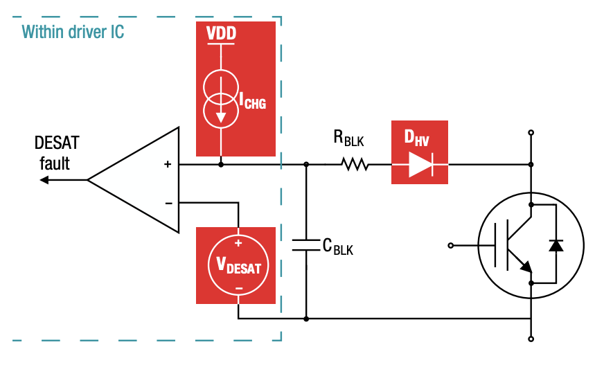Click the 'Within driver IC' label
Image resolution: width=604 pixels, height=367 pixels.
[73, 32]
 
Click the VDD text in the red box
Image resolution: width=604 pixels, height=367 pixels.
[220, 34]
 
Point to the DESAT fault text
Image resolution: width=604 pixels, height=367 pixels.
[57, 153]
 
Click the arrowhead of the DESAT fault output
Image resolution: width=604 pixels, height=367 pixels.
[44, 180]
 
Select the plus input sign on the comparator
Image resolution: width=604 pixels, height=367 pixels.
[167, 165]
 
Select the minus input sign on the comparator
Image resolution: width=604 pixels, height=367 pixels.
[167, 203]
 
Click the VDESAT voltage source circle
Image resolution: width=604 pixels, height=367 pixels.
[238, 265]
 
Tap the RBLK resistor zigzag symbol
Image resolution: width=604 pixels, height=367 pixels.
[355, 165]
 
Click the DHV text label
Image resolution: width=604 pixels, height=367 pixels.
[417, 137]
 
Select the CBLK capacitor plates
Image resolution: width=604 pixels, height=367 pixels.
[306, 245]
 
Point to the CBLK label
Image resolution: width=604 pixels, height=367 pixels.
[338, 247]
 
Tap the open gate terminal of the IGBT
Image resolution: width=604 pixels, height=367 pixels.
[452, 245]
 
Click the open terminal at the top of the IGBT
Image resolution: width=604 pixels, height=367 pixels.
[531, 132]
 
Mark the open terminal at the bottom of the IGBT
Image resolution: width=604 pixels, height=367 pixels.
[531, 339]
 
